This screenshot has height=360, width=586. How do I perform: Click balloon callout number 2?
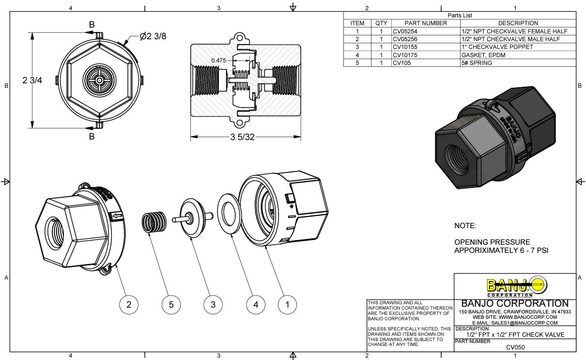129,304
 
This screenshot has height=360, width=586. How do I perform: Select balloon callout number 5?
171,304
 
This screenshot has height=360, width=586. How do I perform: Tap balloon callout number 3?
213,304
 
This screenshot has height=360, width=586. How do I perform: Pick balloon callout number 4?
256,304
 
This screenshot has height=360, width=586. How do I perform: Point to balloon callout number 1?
288,304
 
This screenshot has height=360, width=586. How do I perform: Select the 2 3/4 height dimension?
32,80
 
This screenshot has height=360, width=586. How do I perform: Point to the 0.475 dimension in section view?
219,60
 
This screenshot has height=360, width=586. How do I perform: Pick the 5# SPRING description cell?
477,63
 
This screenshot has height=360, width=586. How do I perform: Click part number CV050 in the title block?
515,347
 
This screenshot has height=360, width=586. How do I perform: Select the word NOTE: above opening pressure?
465,226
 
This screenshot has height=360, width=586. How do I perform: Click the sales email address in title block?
515,323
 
